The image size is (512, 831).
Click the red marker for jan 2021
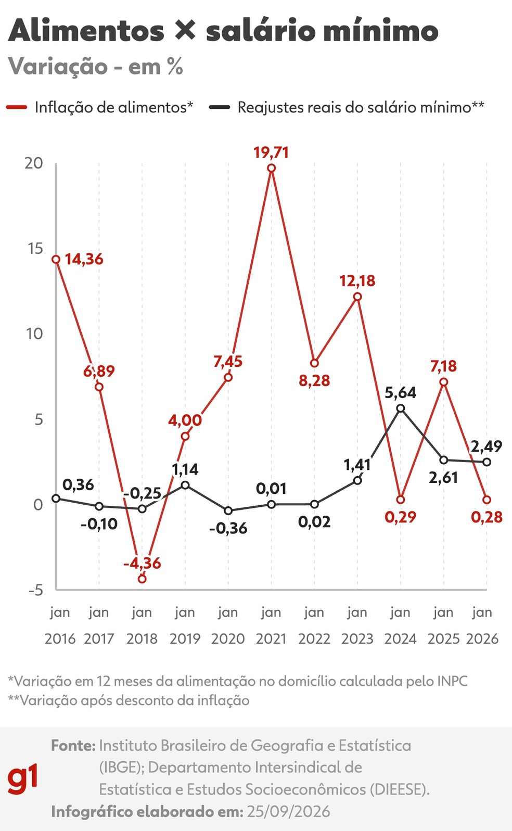(x=271, y=168)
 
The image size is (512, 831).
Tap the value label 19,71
(x=271, y=152)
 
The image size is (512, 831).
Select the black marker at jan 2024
(x=401, y=408)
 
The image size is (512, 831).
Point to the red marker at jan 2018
(x=142, y=579)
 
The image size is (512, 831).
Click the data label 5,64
(x=400, y=392)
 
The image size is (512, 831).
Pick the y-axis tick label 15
(x=35, y=249)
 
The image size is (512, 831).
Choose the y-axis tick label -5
(x=36, y=590)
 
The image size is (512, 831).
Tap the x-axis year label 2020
(x=228, y=639)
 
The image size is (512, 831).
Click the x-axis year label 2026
(x=482, y=639)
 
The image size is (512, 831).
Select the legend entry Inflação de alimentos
(x=114, y=107)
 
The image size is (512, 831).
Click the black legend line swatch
(x=220, y=107)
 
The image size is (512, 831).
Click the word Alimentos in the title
(x=86, y=31)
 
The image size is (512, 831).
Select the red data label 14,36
(x=84, y=259)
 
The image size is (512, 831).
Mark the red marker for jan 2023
(x=357, y=297)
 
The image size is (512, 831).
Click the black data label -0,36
(x=228, y=528)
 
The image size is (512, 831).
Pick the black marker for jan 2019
(x=185, y=485)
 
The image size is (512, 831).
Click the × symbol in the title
(x=185, y=30)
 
